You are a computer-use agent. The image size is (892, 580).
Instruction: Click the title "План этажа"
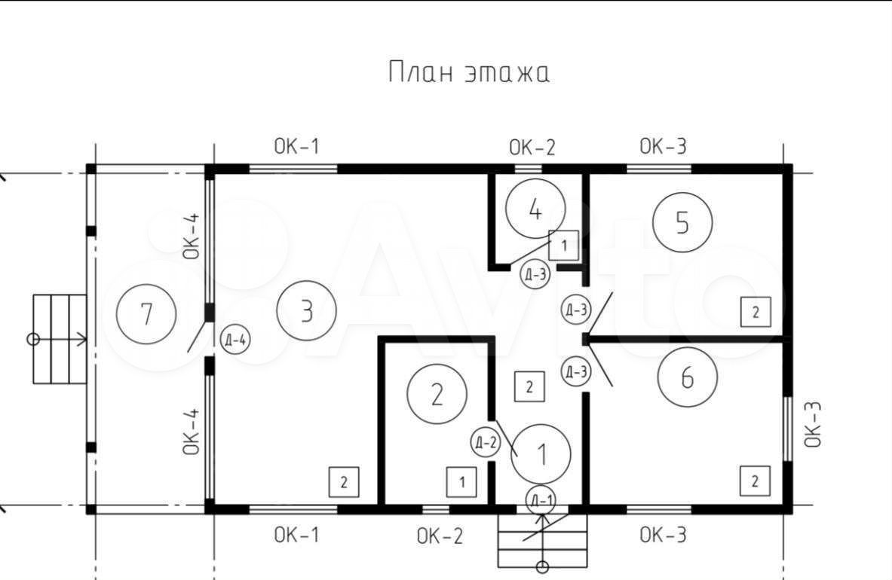click(469, 72)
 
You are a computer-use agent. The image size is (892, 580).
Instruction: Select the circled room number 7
click(146, 314)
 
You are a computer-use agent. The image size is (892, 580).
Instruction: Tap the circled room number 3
click(307, 311)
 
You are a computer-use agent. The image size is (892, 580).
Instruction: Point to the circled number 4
click(535, 209)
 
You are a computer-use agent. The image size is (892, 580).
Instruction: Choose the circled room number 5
click(682, 222)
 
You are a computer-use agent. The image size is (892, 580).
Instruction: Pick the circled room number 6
click(687, 377)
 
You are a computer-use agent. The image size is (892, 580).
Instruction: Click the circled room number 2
click(437, 394)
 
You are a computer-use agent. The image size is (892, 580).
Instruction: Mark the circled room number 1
click(541, 454)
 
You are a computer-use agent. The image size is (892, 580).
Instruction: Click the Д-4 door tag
click(235, 340)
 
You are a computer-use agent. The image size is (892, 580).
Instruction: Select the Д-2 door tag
click(486, 442)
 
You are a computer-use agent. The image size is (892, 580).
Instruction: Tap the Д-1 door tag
click(541, 500)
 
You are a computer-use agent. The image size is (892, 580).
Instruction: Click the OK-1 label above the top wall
click(296, 147)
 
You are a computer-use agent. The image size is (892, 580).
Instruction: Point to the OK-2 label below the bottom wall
click(440, 536)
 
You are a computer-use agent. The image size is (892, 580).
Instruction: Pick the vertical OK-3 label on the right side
click(813, 424)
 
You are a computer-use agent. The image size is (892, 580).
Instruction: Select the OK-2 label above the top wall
click(532, 148)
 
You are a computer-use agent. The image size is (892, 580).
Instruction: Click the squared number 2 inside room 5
click(756, 312)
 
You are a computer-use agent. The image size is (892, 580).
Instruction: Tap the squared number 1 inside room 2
click(461, 482)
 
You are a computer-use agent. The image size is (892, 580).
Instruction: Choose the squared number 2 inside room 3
click(344, 482)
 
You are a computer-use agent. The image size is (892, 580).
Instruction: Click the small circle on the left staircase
click(33, 340)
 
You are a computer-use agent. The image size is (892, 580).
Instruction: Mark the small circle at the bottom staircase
click(543, 567)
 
